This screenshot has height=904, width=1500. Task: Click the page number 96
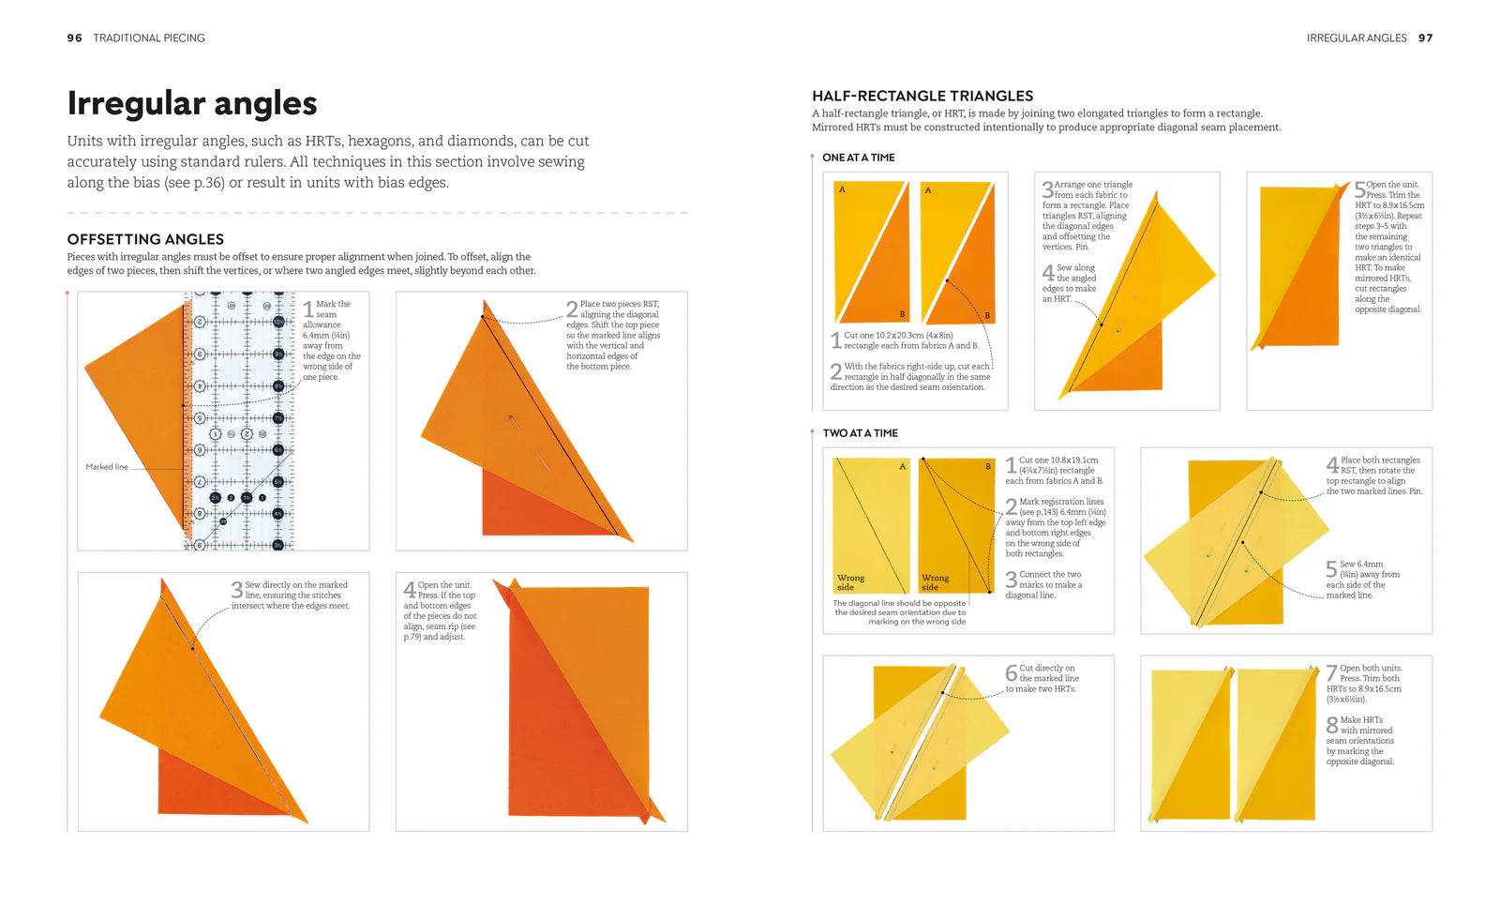[x=74, y=38]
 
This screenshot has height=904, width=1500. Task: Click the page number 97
[x=1425, y=38]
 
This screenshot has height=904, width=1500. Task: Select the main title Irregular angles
[x=192, y=103]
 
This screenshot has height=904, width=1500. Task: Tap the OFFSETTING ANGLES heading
[x=145, y=239]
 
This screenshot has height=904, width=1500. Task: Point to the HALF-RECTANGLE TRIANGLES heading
[x=922, y=96]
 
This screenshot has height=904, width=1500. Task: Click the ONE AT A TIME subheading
[x=858, y=158]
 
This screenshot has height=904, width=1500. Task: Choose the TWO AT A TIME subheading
[x=860, y=433]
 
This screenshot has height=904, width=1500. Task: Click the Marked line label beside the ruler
[x=107, y=467]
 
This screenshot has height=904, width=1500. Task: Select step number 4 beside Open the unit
[x=410, y=590]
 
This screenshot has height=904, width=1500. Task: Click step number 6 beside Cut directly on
[x=1012, y=672]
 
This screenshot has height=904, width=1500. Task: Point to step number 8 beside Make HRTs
[x=1332, y=725]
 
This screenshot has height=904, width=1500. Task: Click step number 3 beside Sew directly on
[x=237, y=590]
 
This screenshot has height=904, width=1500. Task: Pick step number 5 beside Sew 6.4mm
[x=1332, y=569]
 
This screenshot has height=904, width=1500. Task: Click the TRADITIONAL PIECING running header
[x=149, y=38]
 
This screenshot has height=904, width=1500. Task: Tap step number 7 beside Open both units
[x=1332, y=672]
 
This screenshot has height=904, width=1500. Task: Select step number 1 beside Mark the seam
[x=308, y=309]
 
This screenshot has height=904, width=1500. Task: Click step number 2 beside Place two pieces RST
[x=572, y=309]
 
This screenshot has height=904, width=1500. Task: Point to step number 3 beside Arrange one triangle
[x=1048, y=189]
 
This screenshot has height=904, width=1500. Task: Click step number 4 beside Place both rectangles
[x=1332, y=464]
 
